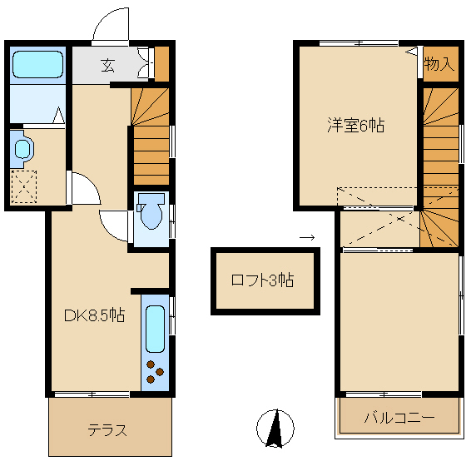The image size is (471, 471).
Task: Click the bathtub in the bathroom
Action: (x=37, y=64)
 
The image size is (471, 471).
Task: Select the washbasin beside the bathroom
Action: (x=22, y=149)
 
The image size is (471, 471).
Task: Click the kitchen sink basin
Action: (x=155, y=329)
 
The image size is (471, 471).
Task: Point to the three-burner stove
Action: (x=155, y=373)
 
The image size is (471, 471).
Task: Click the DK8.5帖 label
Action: (x=95, y=315)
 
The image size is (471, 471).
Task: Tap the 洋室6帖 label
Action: (x=355, y=126)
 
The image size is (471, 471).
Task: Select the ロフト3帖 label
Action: (x=262, y=280)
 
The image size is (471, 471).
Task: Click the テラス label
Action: (x=107, y=430)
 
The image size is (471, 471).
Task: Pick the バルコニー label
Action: (x=399, y=418)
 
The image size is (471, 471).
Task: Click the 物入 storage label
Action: (x=439, y=64)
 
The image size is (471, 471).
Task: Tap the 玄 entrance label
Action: (x=107, y=66)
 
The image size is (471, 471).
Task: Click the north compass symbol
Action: (x=275, y=429)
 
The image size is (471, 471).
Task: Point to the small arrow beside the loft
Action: (x=307, y=238)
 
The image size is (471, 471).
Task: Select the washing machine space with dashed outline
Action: (x=24, y=186)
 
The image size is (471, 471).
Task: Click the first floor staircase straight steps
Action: (x=151, y=155)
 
